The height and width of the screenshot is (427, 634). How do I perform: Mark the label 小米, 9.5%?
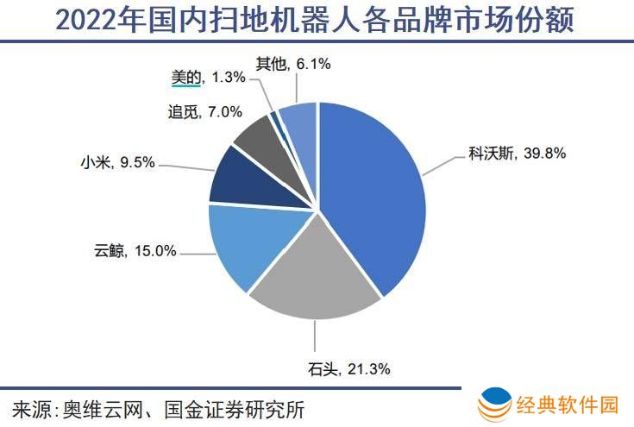pos(116,160)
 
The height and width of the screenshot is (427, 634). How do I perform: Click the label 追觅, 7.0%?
pos(202,111)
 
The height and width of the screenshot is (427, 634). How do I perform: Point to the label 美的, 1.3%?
pos(207,77)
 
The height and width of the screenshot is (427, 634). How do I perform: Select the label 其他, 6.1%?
pos(293,63)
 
